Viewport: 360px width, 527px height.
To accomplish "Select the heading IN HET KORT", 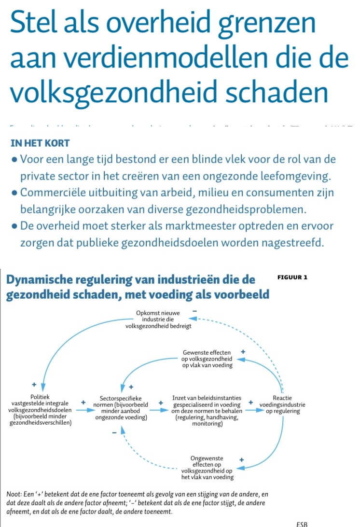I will click(40, 143).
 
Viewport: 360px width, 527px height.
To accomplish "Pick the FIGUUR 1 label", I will click(292, 277).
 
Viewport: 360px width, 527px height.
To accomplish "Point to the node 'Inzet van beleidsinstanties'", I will click(207, 411).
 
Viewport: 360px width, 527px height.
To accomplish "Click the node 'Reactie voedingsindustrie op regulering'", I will click(282, 405).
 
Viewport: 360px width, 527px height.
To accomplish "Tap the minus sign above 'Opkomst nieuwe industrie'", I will click(194, 312).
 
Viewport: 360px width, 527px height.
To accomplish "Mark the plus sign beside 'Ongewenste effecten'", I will click(241, 460).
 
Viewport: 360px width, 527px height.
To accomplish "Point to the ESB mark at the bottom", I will click(302, 524).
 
